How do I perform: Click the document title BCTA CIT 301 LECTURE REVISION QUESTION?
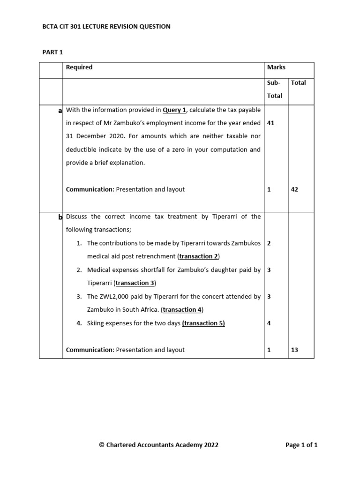(106, 27)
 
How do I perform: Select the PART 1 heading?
(52, 52)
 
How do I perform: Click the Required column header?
(79, 67)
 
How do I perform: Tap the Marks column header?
(276, 67)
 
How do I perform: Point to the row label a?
(60, 111)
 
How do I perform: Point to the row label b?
(60, 217)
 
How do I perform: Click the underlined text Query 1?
(174, 110)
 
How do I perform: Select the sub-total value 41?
(270, 123)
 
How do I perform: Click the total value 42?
(295, 189)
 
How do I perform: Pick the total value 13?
(295, 350)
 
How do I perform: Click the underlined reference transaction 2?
(199, 256)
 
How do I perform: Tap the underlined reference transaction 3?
(135, 283)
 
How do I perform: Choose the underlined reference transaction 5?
(203, 323)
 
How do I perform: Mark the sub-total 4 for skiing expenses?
(269, 323)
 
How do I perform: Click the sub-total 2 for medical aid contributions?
(269, 243)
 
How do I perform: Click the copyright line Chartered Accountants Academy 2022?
(158, 445)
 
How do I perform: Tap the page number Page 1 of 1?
(301, 445)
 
